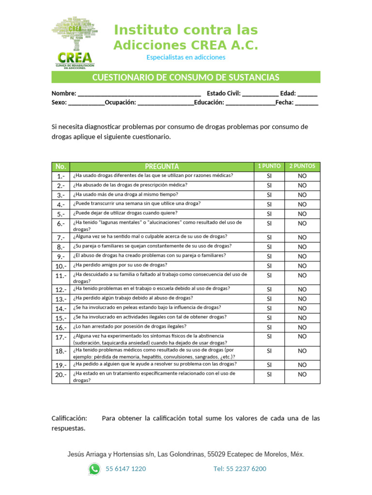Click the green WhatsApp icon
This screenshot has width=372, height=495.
pyautogui.click(x=94, y=468)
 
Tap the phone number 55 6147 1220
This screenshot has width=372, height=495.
pyautogui.click(x=125, y=468)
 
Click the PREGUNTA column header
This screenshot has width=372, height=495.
pyautogui.click(x=162, y=166)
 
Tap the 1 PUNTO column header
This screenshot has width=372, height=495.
pyautogui.click(x=269, y=166)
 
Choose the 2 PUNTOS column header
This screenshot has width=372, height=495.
pyautogui.click(x=302, y=166)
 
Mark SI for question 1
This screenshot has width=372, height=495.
pyautogui.click(x=269, y=176)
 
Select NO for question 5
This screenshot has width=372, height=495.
pyautogui.click(x=302, y=214)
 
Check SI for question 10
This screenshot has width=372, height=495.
pyautogui.click(x=269, y=266)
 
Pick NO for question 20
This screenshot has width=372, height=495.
pyautogui.click(x=302, y=374)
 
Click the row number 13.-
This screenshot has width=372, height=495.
pyautogui.click(x=61, y=299)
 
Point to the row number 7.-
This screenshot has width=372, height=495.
pyautogui.click(x=61, y=237)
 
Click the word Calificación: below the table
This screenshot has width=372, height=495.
pyautogui.click(x=69, y=418)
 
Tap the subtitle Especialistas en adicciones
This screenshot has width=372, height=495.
pyautogui.click(x=186, y=58)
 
